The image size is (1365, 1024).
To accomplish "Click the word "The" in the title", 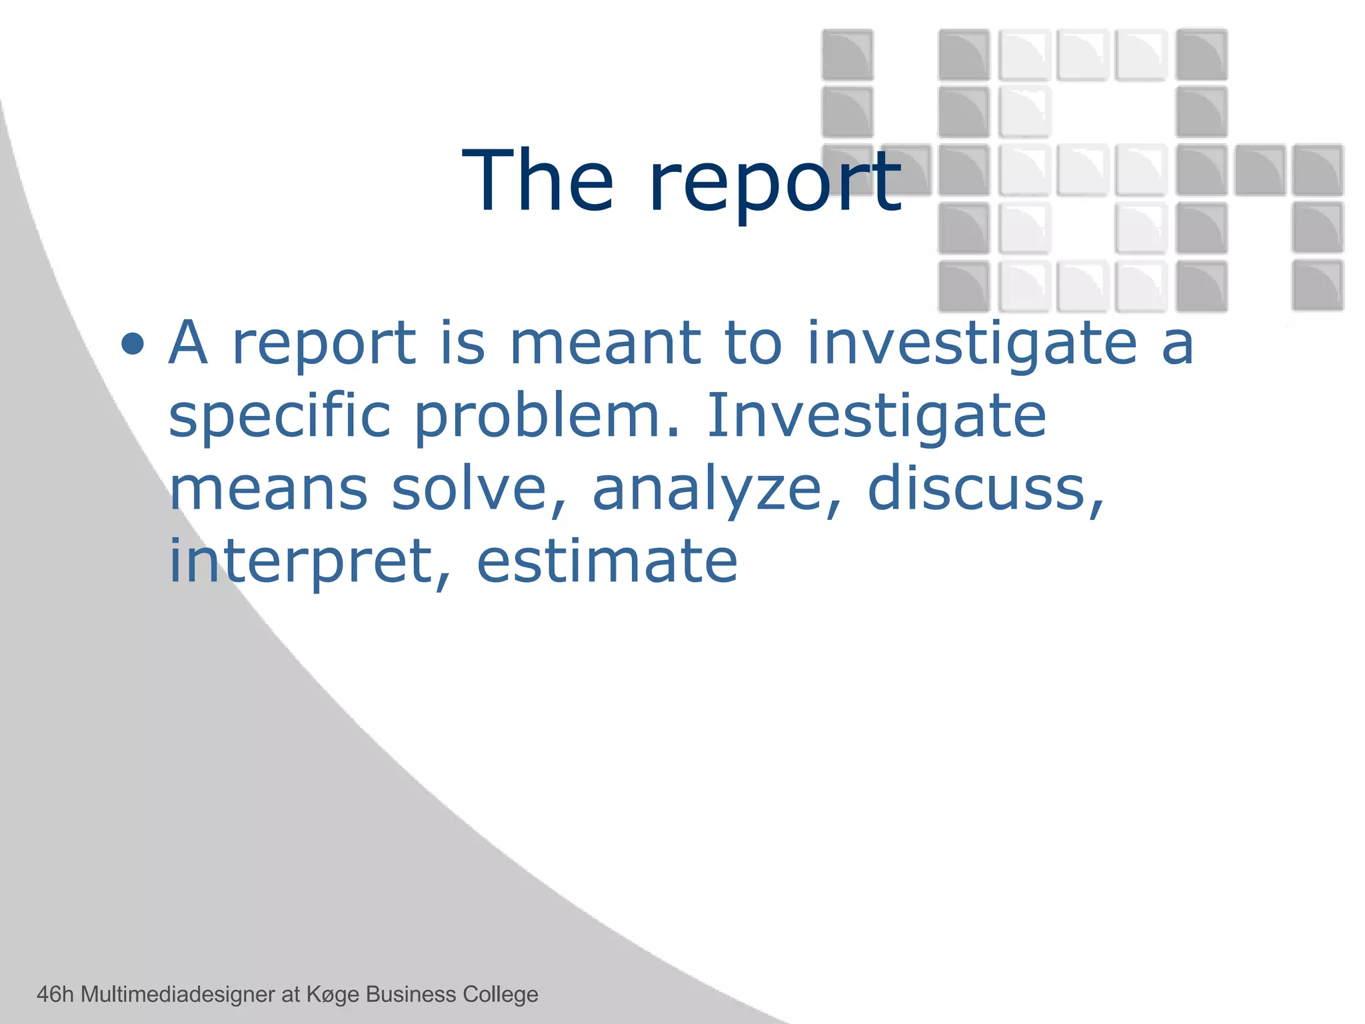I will click(x=537, y=181).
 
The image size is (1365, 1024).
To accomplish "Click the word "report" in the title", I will click(x=775, y=185).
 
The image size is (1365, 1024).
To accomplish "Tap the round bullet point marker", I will click(x=133, y=344).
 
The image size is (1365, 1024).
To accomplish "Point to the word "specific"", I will click(x=279, y=419).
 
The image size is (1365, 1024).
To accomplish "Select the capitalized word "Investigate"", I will click(x=876, y=419).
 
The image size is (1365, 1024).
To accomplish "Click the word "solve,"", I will click(x=479, y=490).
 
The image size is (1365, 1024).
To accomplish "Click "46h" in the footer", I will click(x=55, y=994).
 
